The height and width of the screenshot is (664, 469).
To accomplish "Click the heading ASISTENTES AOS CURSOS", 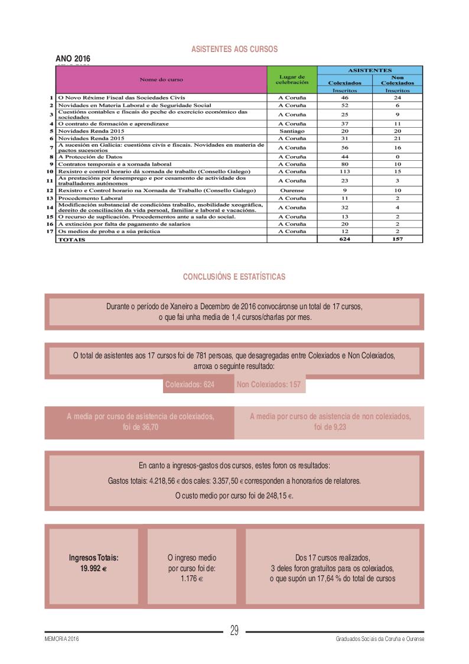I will (234, 49).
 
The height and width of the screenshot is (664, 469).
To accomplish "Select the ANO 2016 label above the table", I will (73, 59).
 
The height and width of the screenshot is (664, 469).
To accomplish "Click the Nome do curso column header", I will (161, 79).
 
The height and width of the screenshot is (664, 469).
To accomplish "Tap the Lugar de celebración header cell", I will (292, 79).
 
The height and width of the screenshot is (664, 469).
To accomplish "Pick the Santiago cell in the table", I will (292, 131).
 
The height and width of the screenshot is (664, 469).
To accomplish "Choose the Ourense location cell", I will (292, 190).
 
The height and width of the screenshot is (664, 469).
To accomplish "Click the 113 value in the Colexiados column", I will (344, 171).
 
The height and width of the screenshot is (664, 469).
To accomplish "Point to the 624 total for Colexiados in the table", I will (344, 239).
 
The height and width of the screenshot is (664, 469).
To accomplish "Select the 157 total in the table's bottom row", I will (397, 239).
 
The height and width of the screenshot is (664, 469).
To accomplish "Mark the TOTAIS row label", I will (71, 239).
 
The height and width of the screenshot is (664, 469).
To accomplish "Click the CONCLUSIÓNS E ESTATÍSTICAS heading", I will (234, 277).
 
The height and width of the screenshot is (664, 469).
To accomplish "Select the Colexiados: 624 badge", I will (190, 385).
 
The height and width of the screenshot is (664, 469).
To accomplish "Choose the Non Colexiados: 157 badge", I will (268, 385).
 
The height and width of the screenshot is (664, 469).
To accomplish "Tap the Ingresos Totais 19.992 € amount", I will (93, 568).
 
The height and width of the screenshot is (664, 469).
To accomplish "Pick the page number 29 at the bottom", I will (234, 631).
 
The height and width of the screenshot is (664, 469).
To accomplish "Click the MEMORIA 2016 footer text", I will (61, 640).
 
